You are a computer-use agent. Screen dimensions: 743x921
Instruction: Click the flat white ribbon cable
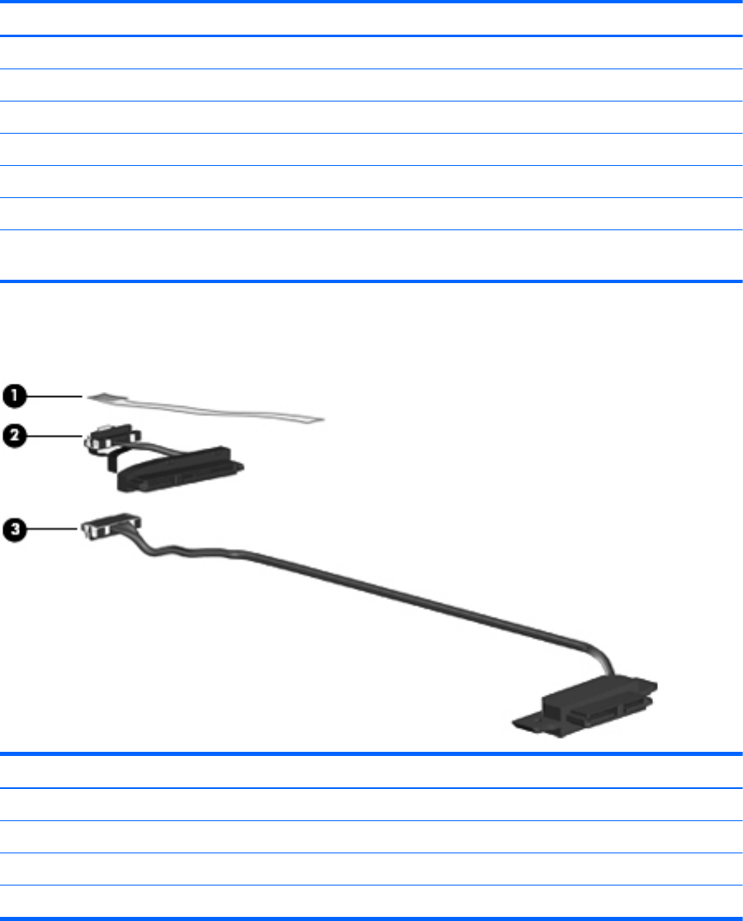click(206, 409)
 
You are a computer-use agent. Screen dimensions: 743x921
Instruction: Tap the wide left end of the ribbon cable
click(99, 397)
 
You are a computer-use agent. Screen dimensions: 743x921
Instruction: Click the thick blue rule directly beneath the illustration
click(371, 753)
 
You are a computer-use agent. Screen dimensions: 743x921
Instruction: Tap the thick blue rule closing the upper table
click(371, 283)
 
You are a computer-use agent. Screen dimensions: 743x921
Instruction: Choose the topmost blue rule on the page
click(371, 2)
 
